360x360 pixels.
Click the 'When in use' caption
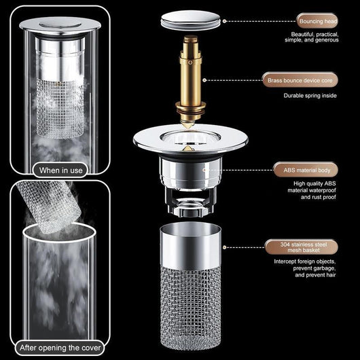pos(61,170)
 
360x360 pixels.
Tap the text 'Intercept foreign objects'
pos(305,261)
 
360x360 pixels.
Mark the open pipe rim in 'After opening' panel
pos(61,234)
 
